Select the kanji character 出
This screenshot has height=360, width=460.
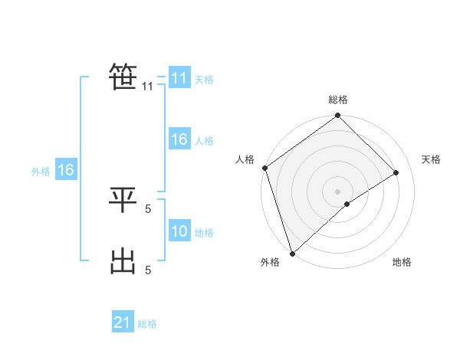(123, 261)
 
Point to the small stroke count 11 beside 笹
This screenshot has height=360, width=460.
(147, 87)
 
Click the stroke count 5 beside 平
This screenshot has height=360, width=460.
(148, 207)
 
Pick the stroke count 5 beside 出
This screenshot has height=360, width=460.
(148, 270)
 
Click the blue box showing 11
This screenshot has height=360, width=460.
(179, 78)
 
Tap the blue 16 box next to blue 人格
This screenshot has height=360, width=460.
(179, 139)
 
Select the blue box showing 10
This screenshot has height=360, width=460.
(179, 231)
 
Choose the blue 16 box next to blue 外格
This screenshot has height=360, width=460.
(66, 170)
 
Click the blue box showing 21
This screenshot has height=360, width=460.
(123, 322)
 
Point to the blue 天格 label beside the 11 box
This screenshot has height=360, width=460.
(204, 80)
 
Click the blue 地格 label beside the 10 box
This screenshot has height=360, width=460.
(204, 233)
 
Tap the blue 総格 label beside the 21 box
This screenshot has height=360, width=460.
(147, 324)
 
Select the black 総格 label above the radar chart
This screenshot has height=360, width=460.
(338, 100)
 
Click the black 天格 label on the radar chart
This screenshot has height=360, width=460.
(431, 159)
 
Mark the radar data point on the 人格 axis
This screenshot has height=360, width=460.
(264, 168)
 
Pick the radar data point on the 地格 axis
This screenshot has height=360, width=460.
(347, 204)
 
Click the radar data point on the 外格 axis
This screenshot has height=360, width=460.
(291, 253)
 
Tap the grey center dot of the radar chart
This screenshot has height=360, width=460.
(337, 191)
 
